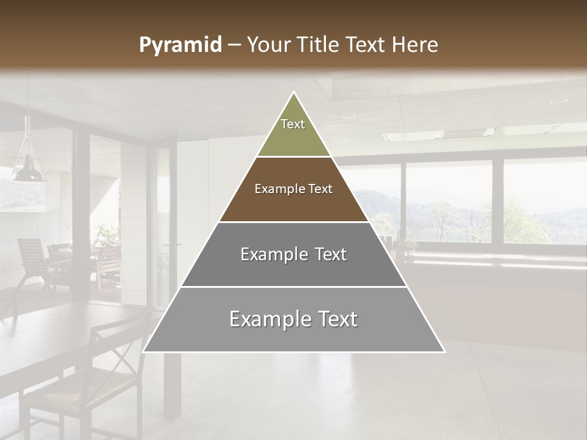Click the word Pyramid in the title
(x=180, y=45)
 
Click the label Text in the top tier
(x=293, y=124)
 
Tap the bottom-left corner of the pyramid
(x=144, y=351)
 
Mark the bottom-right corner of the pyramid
(x=444, y=351)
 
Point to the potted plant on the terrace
(x=107, y=235)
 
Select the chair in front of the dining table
(x=92, y=379)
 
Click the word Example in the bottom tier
(x=264, y=319)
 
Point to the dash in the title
(x=234, y=45)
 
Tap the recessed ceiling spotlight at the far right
(x=558, y=101)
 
